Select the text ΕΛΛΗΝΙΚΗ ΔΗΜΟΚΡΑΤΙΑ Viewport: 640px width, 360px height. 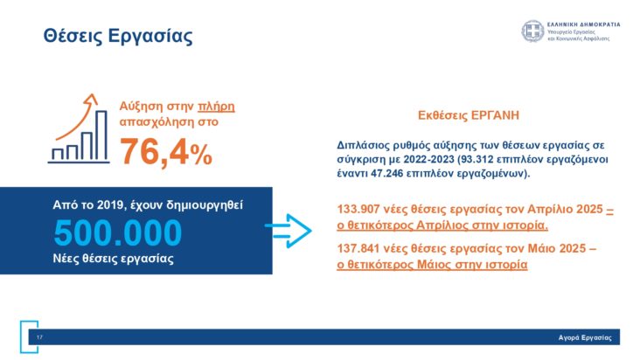[583, 24]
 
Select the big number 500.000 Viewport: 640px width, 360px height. [118, 233]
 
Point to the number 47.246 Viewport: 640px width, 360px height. [393, 174]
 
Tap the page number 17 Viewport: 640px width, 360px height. [39, 337]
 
